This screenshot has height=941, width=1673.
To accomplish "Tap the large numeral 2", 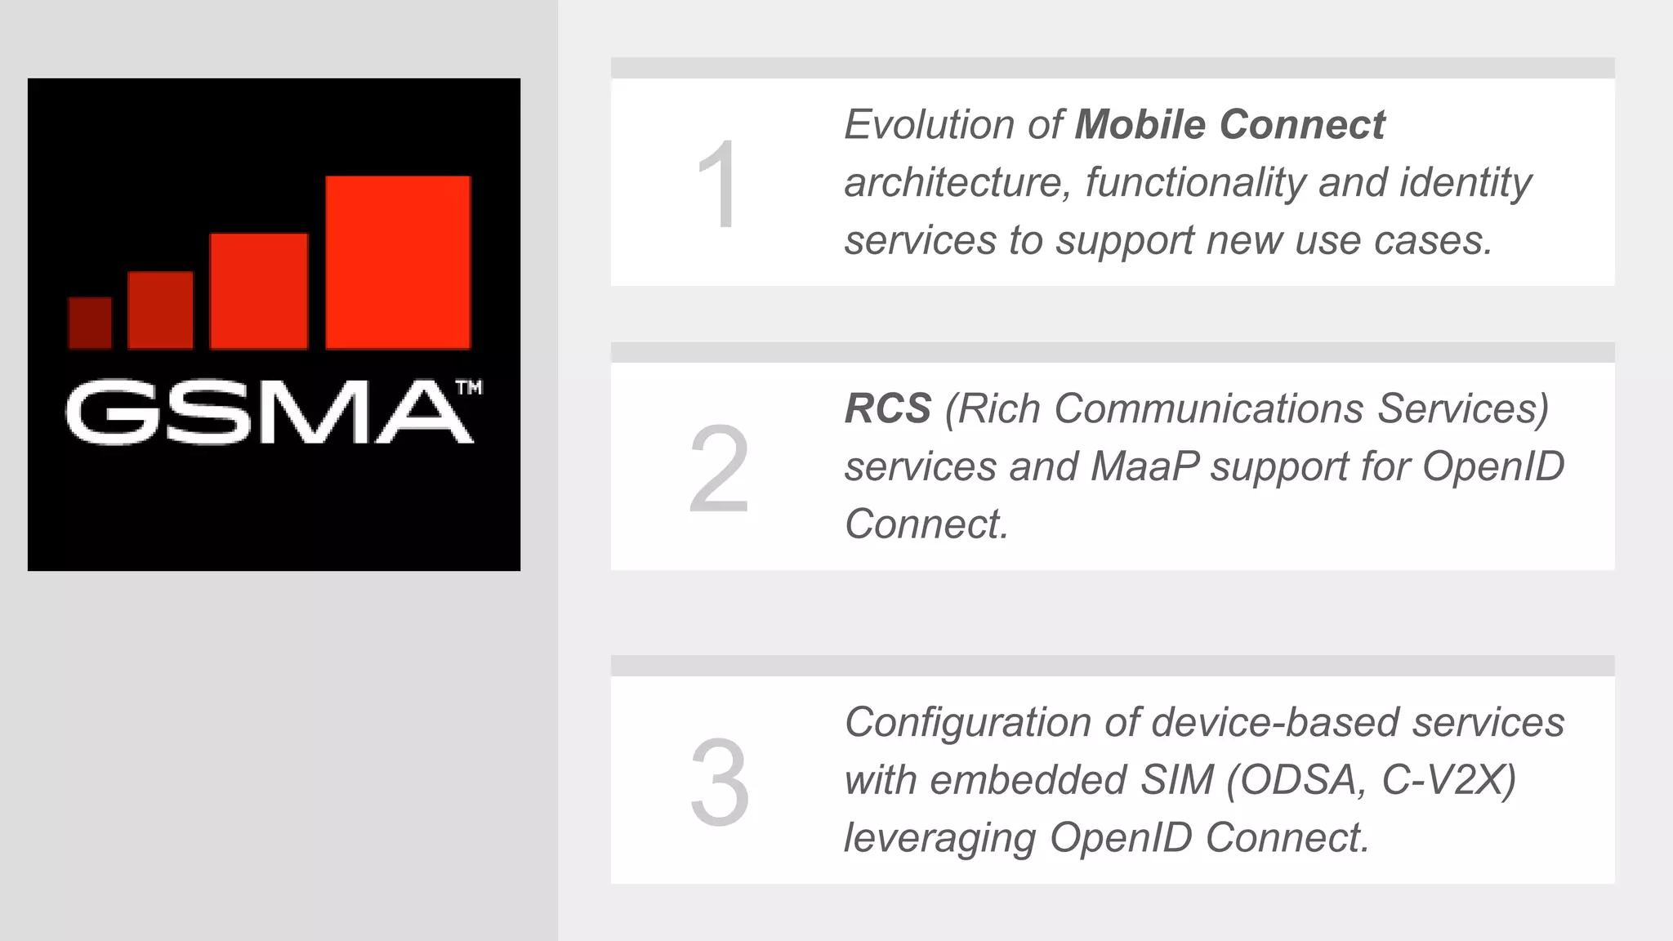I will coord(719,469).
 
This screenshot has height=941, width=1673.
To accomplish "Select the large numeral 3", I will coord(719,782).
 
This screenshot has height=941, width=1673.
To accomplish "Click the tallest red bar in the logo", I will coord(398,262).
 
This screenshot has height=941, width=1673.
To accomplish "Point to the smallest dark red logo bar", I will coord(90,323).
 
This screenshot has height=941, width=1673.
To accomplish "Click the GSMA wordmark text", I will coord(268,413).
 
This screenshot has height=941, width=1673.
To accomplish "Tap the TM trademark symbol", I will coord(469,387).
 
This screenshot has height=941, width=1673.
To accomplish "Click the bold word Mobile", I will coord(1140,125).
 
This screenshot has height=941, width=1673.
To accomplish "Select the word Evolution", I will coord(929,125).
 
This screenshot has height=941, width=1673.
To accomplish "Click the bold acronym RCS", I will coord(888,408).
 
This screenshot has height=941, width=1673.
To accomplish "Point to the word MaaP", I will coord(1144,466).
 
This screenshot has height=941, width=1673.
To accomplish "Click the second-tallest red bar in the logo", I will coord(259,291).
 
